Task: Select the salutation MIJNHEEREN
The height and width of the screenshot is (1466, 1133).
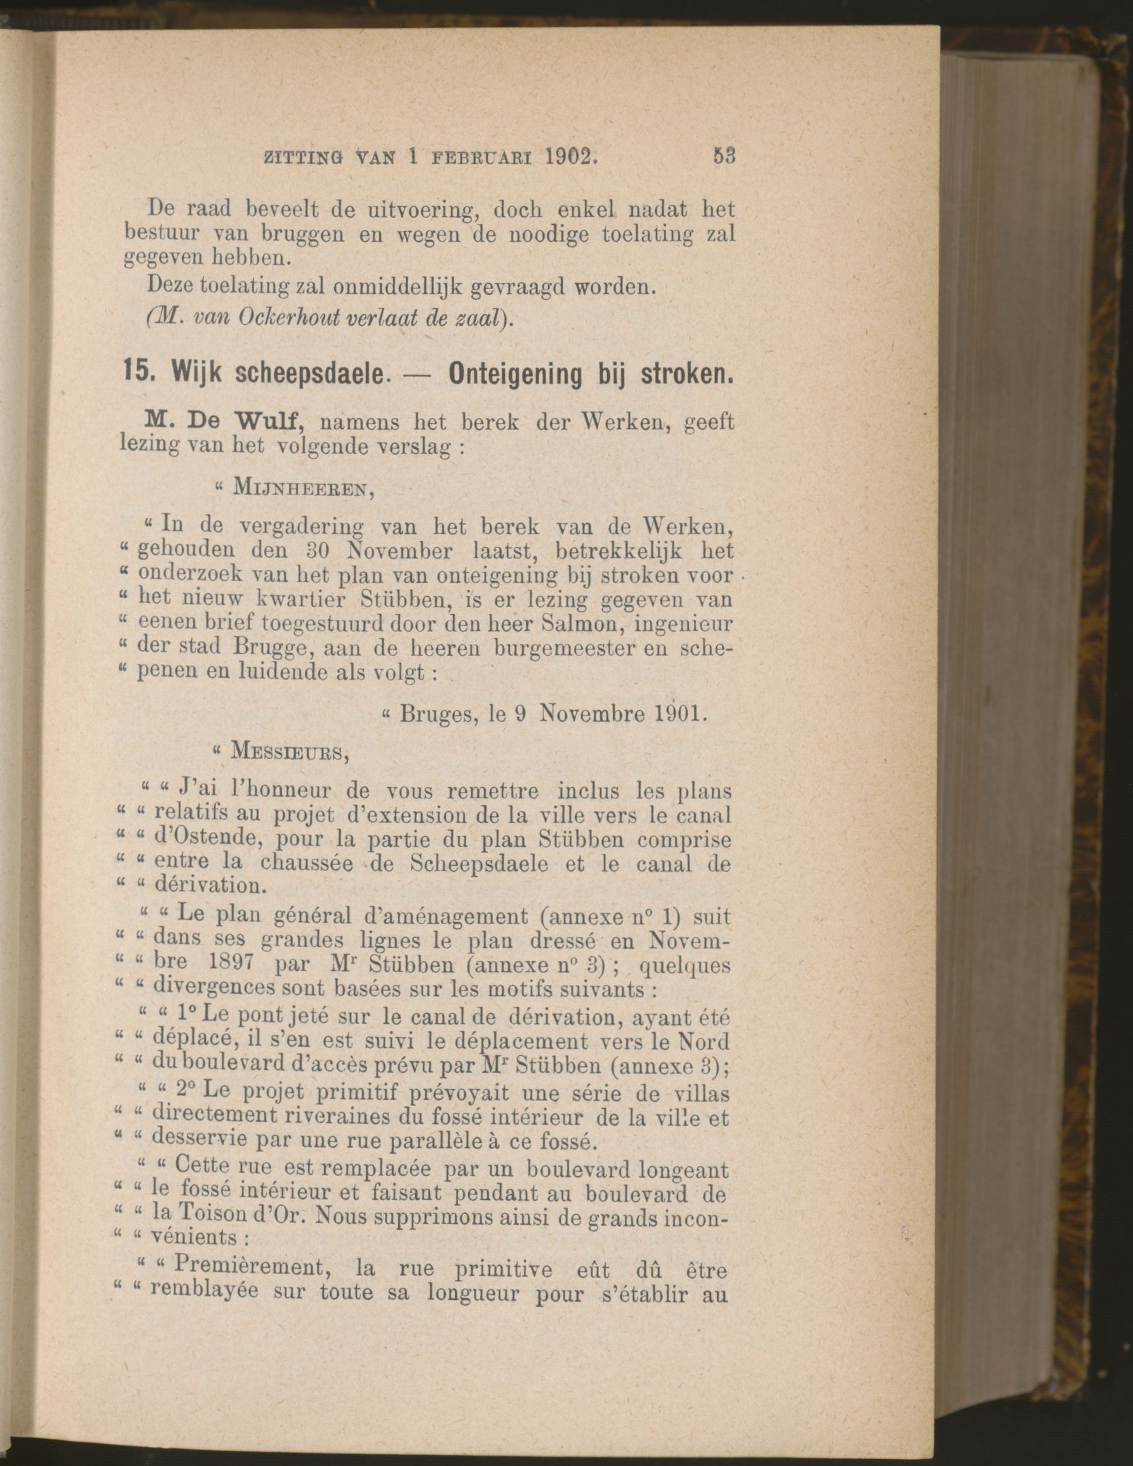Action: point(301,489)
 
